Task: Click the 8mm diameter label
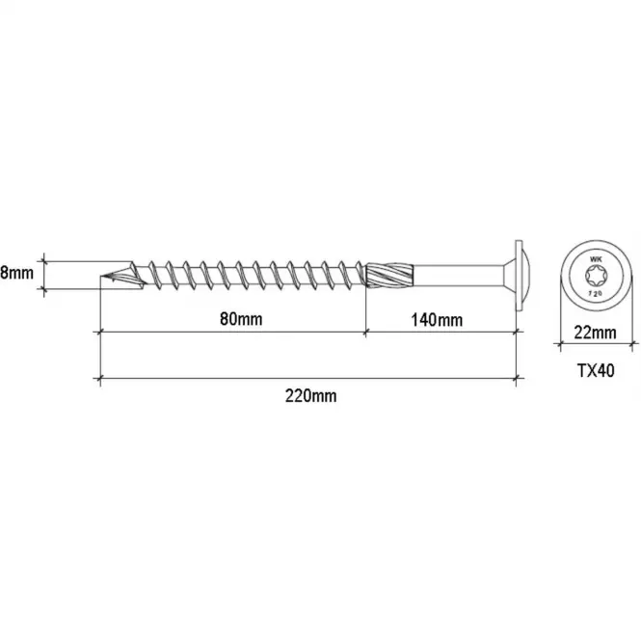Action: [x=16, y=273]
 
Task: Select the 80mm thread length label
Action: [x=241, y=319]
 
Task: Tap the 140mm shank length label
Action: [x=437, y=320]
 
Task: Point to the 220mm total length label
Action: [x=310, y=396]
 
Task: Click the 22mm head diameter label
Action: [x=595, y=333]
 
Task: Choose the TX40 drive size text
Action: [x=596, y=371]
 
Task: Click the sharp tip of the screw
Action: [x=101, y=276]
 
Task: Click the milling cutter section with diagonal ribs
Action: [x=389, y=275]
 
